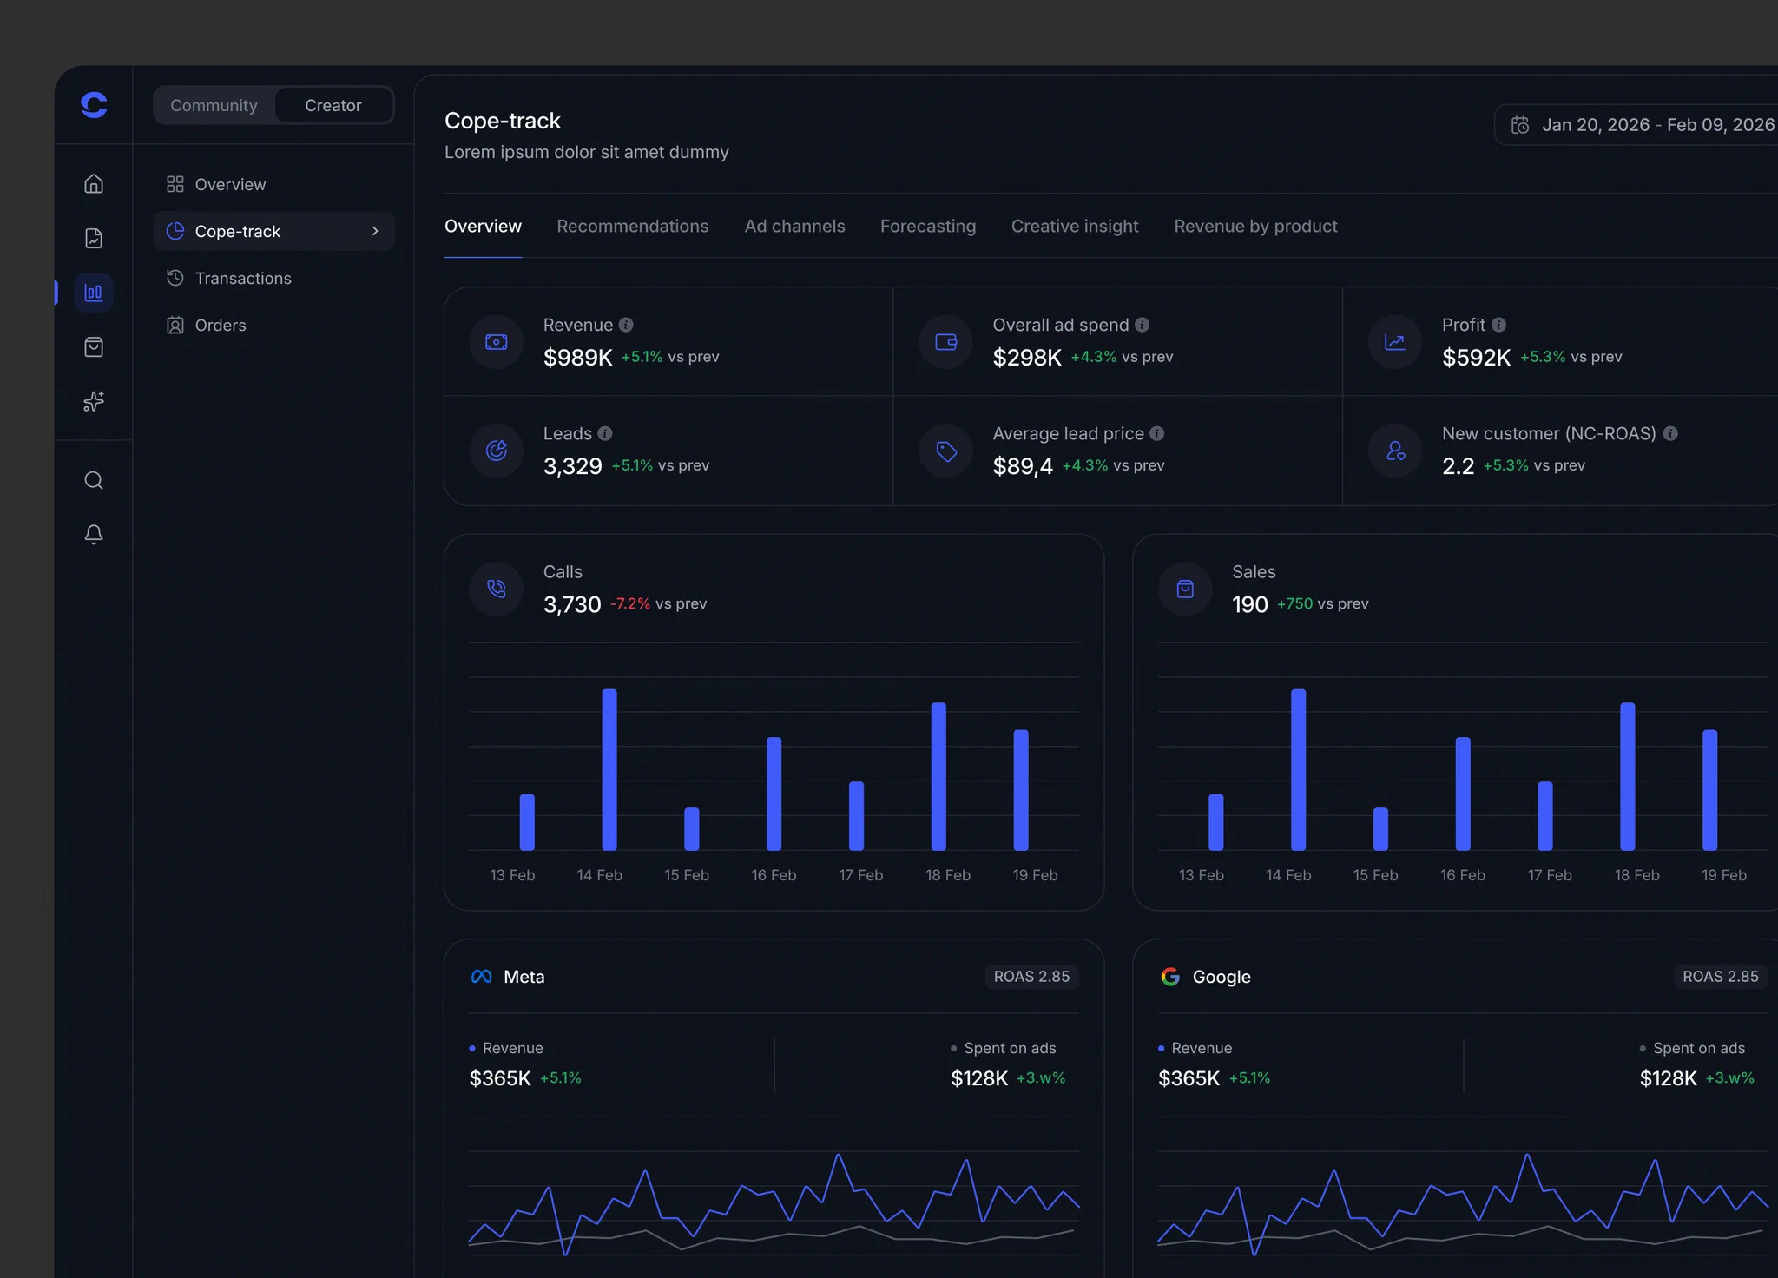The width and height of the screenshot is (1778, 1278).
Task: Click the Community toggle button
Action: (214, 105)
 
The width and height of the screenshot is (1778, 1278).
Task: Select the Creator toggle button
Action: (333, 105)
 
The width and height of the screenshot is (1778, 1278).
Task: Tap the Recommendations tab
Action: (633, 226)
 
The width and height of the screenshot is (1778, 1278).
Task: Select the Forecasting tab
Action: (928, 226)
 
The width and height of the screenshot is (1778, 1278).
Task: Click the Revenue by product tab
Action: (1255, 226)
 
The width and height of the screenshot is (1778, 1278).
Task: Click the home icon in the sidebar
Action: (94, 183)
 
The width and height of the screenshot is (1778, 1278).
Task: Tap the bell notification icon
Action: (94, 534)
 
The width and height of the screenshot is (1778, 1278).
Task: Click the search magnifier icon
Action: (94, 480)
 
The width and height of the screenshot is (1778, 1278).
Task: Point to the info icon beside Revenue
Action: (626, 325)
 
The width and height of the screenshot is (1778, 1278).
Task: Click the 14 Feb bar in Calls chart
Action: (609, 769)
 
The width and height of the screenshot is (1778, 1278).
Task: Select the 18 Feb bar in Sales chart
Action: (1628, 776)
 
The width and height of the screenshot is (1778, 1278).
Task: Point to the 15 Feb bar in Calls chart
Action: (692, 829)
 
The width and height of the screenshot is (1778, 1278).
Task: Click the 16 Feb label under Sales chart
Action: (1463, 875)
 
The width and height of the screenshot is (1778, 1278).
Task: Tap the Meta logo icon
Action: (481, 977)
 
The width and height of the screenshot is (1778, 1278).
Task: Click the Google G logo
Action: (1170, 977)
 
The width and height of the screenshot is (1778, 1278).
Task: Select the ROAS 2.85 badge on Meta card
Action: (1031, 977)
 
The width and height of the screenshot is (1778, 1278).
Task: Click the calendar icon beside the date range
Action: (1520, 125)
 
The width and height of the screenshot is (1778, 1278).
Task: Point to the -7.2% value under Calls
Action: (630, 603)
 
